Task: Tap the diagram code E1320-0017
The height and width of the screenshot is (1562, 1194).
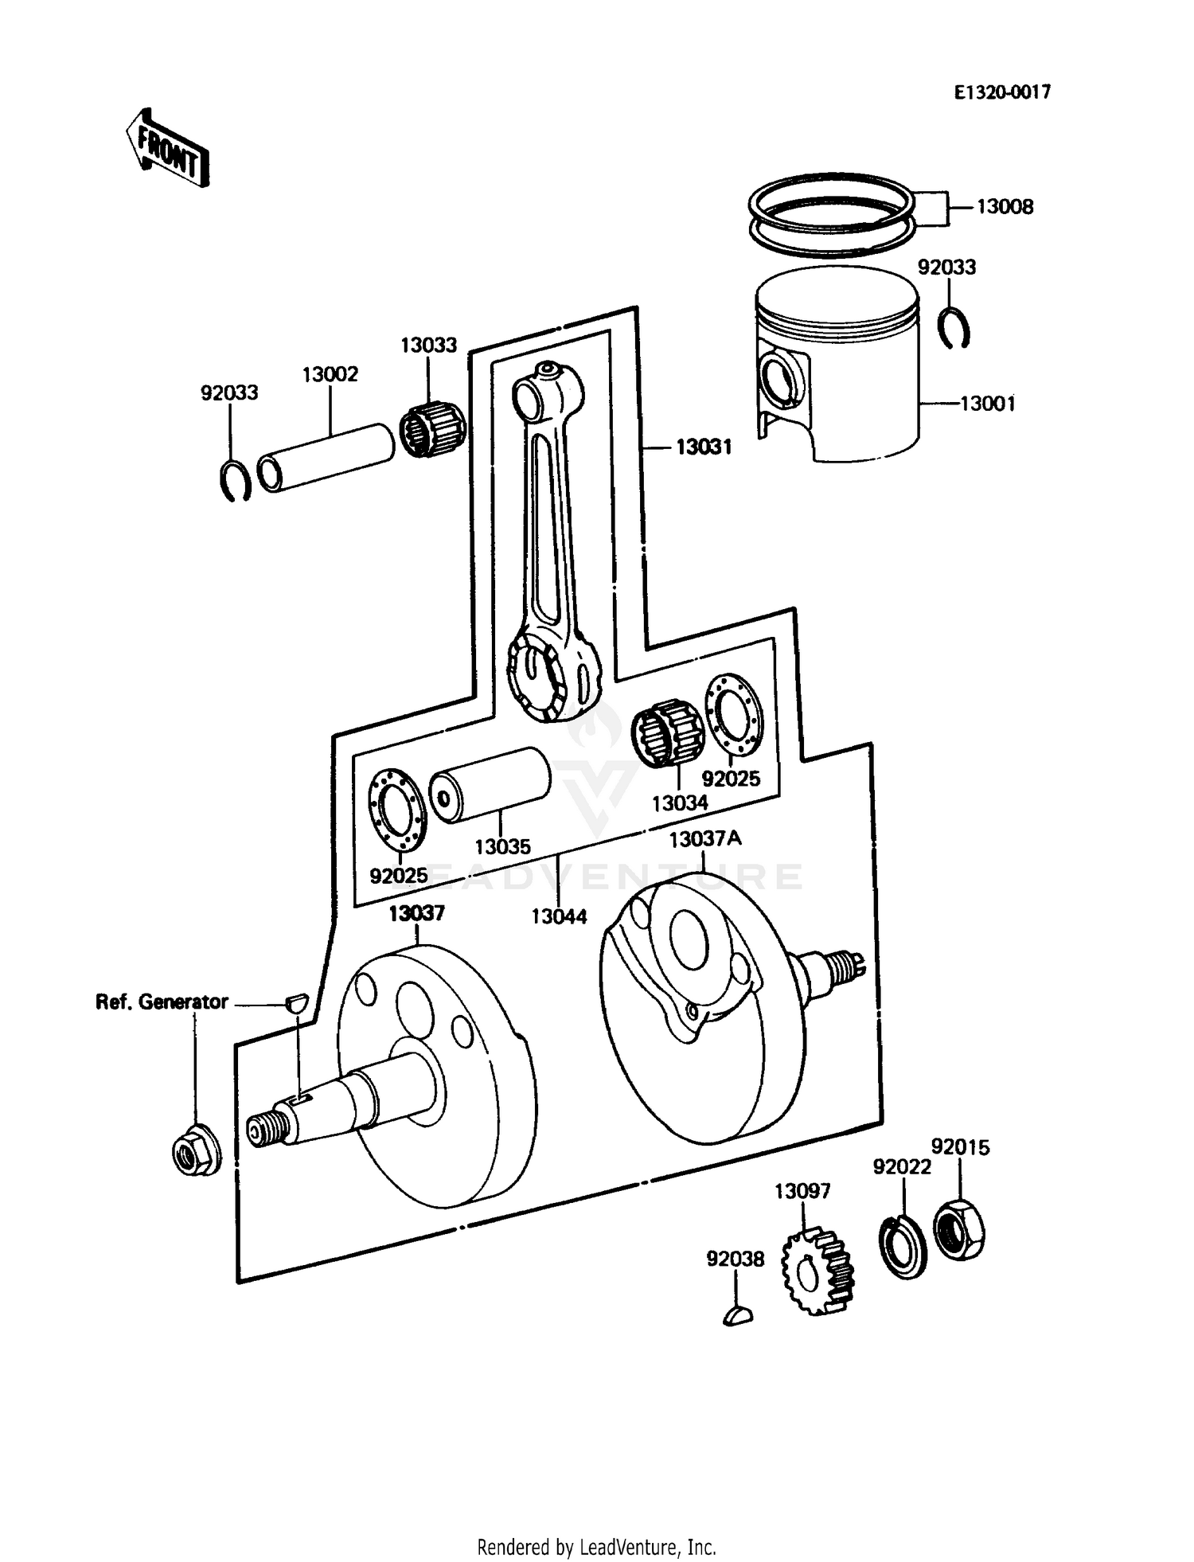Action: point(1002,92)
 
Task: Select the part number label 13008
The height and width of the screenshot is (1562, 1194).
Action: point(1005,207)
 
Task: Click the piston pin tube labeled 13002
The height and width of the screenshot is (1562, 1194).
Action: point(326,459)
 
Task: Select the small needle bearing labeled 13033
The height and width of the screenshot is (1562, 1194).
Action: point(431,430)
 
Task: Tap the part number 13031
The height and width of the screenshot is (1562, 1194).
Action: point(704,447)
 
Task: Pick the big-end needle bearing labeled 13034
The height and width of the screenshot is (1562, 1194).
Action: point(667,732)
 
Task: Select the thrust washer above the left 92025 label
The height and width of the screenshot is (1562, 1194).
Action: point(397,810)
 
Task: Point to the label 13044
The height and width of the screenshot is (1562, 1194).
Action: point(559,916)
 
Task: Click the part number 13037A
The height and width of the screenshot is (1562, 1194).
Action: point(705,839)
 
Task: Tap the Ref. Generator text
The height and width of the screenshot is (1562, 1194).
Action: point(162,1002)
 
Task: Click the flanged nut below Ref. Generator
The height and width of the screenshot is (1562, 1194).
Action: point(196,1153)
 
